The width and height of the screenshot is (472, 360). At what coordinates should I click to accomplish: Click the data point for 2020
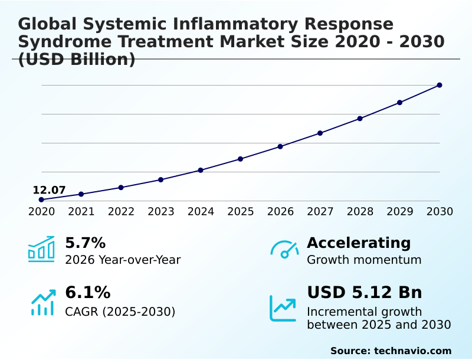coord(41,199)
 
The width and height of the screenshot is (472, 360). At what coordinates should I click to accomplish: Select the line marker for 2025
coord(241,159)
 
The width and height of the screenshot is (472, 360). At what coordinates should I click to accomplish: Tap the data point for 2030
coord(440,85)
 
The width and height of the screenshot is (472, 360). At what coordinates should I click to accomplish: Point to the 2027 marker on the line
coord(320,133)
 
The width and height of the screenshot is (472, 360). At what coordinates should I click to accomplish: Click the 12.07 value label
coord(49,190)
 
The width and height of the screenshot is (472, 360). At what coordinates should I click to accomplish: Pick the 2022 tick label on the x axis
coord(121,212)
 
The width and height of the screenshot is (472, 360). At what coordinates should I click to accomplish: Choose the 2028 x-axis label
coord(360,212)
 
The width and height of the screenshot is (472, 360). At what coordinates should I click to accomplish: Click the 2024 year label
coord(201,212)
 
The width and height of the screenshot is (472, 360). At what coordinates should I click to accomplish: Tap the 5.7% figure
coord(85,243)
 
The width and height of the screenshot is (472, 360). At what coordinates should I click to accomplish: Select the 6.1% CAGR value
coord(87,293)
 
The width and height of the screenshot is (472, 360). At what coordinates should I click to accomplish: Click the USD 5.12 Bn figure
coord(365,293)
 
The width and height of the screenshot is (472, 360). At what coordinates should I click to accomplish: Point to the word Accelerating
coord(359,243)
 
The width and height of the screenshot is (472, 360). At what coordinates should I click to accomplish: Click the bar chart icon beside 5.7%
coord(41,250)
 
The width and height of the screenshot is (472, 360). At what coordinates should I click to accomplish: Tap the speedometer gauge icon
coord(284,250)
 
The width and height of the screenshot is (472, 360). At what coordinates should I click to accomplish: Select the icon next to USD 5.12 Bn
coord(283,308)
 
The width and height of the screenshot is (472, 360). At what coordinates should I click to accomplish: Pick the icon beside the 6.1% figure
coord(42,302)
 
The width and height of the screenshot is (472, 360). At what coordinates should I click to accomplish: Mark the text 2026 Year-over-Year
coord(123,260)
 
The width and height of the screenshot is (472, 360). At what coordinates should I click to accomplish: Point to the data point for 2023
coord(161,179)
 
